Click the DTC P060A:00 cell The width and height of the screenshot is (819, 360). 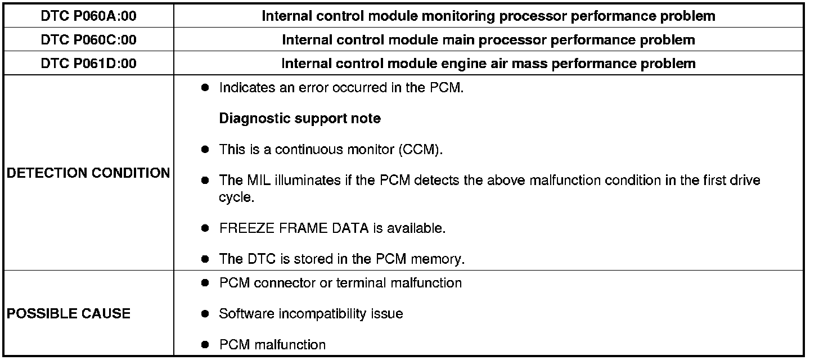88,16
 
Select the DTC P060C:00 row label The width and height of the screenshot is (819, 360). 88,40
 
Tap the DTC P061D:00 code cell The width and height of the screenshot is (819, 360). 88,64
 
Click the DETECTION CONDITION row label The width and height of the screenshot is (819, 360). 88,173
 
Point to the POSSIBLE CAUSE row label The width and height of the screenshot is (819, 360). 69,314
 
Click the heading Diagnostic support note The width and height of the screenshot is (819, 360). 299,119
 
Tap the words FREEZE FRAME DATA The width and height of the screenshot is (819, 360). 294,229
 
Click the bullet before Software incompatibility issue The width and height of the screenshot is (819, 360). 206,314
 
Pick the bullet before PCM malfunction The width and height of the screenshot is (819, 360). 206,345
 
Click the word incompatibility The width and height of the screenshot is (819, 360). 323,314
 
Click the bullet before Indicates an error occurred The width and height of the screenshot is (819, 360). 206,88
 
